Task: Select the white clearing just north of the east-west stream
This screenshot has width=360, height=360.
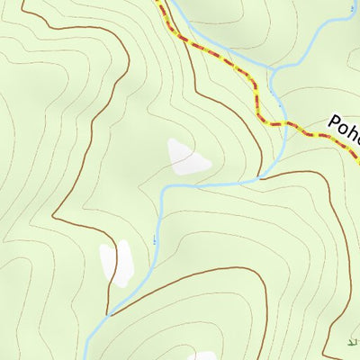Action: (188, 157)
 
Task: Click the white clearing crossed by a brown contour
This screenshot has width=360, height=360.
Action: (116, 264)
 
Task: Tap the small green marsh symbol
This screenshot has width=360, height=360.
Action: (352, 343)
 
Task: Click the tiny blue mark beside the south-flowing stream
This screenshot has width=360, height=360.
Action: (154, 239)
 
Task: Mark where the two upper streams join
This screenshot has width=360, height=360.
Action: (272, 71)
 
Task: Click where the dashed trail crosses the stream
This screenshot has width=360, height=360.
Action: (285, 122)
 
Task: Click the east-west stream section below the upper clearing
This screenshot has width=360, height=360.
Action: (216, 184)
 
